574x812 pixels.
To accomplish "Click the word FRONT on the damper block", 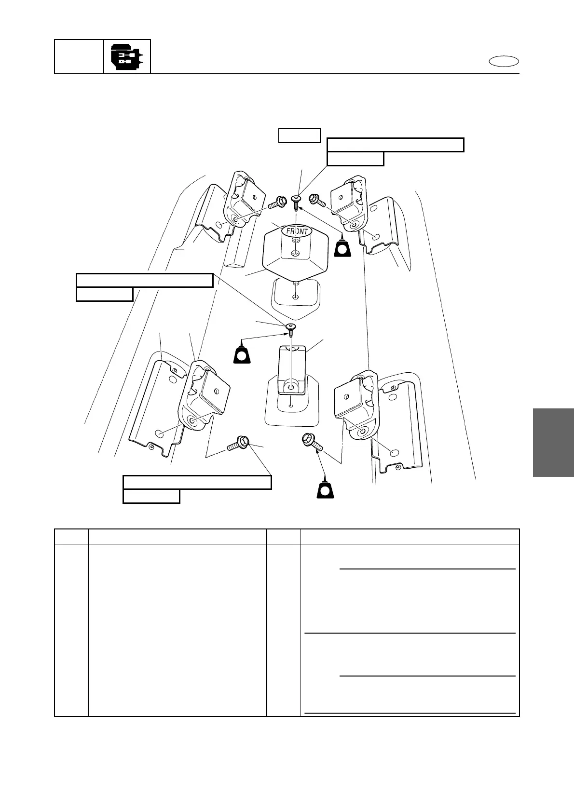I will coord(297,231).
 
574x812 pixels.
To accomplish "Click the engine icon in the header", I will coord(127,57).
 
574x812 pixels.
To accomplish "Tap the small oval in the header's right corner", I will coord(504,61).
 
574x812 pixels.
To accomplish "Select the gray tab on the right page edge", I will coord(553,442).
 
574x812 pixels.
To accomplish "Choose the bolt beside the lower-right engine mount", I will coord(311,441).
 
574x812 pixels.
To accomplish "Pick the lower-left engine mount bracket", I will coord(203,395).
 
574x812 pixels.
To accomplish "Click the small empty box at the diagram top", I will coord(299,135).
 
